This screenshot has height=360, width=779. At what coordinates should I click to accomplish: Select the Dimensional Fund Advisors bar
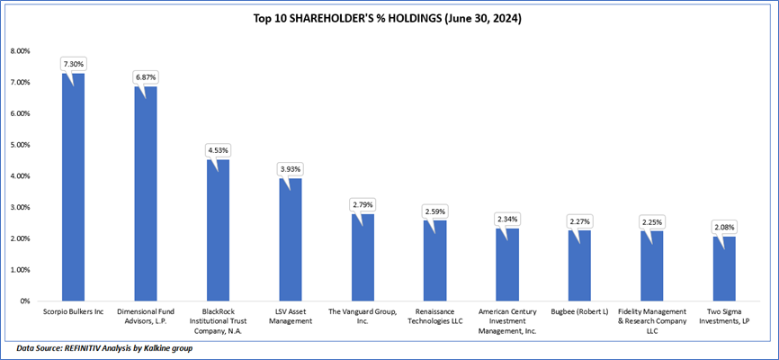pyautogui.click(x=146, y=193)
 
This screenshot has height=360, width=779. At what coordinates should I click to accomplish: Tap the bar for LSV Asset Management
pyautogui.click(x=290, y=239)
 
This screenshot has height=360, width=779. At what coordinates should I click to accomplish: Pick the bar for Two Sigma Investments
pyautogui.click(x=723, y=268)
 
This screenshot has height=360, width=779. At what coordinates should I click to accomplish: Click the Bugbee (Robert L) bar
pyautogui.click(x=579, y=265)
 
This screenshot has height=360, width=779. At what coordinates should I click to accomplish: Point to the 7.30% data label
pyautogui.click(x=73, y=64)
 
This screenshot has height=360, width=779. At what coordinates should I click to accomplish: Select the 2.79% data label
pyautogui.click(x=363, y=206)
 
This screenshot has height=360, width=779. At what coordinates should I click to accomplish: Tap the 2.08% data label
pyautogui.click(x=724, y=227)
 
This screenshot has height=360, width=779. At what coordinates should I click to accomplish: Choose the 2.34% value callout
pyautogui.click(x=507, y=220)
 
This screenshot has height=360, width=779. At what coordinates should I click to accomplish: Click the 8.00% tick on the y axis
pyautogui.click(x=19, y=50)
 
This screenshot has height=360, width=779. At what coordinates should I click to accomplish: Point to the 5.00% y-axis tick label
pyautogui.click(x=19, y=145)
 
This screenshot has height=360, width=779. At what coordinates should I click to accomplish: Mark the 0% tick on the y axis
pyautogui.click(x=25, y=301)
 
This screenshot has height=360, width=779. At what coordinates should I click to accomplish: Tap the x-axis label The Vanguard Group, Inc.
pyautogui.click(x=363, y=316)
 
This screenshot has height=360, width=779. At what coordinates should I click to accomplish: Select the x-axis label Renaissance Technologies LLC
pyautogui.click(x=434, y=316)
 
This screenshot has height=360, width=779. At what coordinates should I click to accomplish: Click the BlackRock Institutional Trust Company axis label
pyautogui.click(x=219, y=320)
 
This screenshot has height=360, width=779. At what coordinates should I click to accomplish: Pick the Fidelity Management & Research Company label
pyautogui.click(x=652, y=320)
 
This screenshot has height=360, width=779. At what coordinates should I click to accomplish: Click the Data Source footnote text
pyautogui.click(x=104, y=347)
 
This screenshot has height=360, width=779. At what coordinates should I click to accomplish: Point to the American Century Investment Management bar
pyautogui.click(x=506, y=265)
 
